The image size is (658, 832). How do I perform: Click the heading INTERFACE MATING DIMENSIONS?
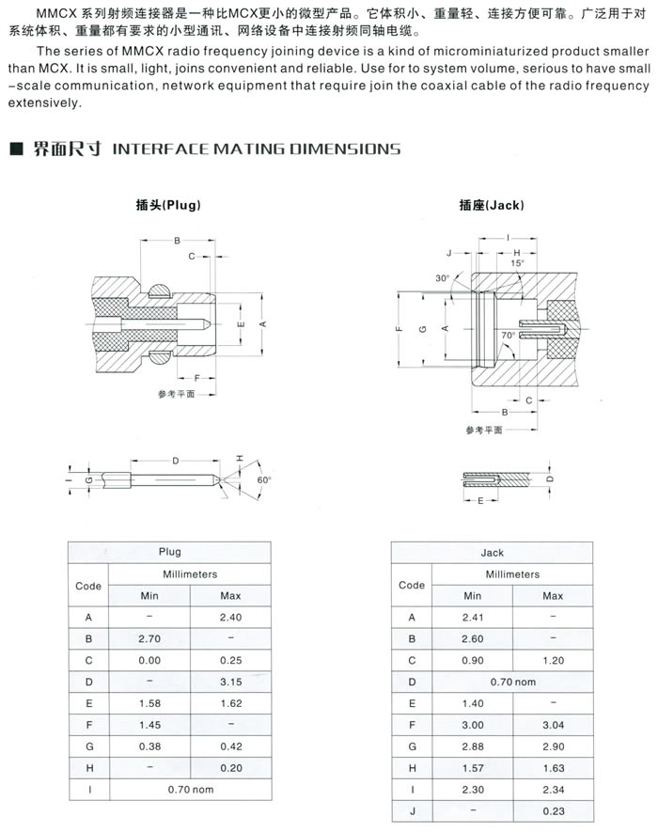tap(256, 149)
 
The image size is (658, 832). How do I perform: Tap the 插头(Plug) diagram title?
tap(168, 205)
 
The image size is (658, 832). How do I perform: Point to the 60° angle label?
tap(263, 479)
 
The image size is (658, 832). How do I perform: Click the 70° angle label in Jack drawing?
tap(508, 335)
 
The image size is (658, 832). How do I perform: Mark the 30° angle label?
tap(443, 278)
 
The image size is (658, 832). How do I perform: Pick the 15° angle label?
tap(517, 264)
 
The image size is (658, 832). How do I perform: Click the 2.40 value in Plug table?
tap(230, 618)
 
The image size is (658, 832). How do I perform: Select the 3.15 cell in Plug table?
tap(230, 682)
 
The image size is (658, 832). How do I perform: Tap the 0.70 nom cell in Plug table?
tap(190, 789)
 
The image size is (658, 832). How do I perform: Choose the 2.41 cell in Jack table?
tap(472, 618)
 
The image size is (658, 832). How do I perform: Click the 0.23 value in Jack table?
tap(553, 811)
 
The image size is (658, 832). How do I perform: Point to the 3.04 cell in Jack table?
tap(553, 725)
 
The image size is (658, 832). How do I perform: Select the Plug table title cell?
tap(169, 552)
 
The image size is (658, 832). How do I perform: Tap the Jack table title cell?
tap(492, 553)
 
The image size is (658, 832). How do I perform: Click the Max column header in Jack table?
tap(553, 596)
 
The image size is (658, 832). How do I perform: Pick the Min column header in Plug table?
tap(149, 596)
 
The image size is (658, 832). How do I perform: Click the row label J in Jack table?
tap(411, 811)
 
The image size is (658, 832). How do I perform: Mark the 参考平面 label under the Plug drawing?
tap(176, 394)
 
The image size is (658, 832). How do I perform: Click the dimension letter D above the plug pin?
tap(175, 460)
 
